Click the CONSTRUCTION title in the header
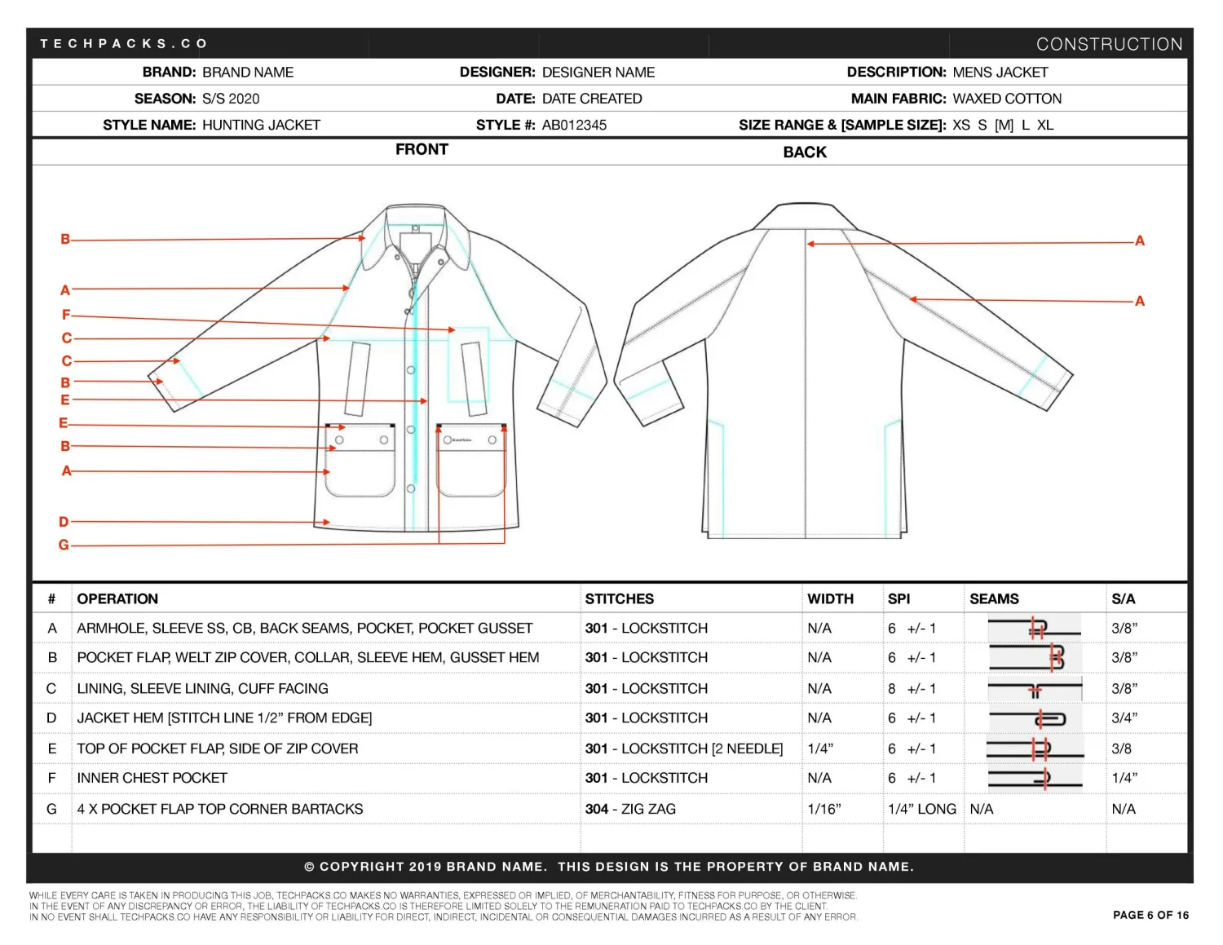click(x=1109, y=44)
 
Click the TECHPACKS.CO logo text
click(x=124, y=43)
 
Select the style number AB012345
click(x=574, y=125)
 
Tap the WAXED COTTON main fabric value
click(x=1007, y=99)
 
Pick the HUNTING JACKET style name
click(x=261, y=125)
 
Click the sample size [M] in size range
click(x=1004, y=125)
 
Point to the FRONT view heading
click(x=422, y=149)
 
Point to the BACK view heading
click(x=805, y=152)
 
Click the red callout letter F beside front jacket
click(x=66, y=315)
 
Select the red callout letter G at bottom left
click(x=64, y=545)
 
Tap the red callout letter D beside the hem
click(x=64, y=522)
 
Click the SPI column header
click(x=898, y=598)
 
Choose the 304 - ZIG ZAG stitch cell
click(x=630, y=809)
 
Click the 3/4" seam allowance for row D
click(x=1124, y=718)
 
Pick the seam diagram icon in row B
click(x=1034, y=657)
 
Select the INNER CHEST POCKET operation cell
click(x=152, y=778)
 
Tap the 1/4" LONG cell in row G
click(x=921, y=809)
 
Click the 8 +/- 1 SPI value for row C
click(x=912, y=688)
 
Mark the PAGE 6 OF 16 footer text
click(x=1150, y=915)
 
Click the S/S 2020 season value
click(x=231, y=99)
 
